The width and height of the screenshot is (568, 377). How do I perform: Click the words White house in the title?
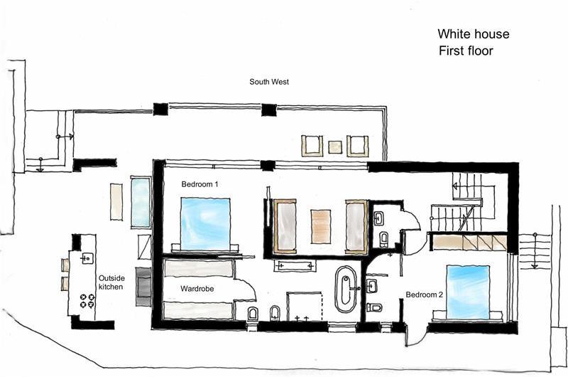click(x=473, y=34)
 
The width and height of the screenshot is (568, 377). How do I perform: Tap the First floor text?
click(x=465, y=51)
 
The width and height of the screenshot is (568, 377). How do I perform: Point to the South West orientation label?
click(x=268, y=82)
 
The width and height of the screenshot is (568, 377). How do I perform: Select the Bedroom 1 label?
click(x=200, y=184)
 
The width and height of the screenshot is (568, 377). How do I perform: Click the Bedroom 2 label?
click(x=424, y=294)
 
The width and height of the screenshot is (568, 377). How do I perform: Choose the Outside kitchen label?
click(x=111, y=282)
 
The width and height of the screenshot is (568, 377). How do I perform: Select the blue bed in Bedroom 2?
click(x=467, y=291)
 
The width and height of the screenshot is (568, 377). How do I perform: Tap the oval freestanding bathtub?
click(x=346, y=289)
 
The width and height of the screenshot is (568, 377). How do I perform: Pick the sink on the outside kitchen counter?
click(x=87, y=258)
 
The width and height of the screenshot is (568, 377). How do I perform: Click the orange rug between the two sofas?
click(x=321, y=226)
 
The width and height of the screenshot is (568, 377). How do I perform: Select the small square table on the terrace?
click(x=334, y=147)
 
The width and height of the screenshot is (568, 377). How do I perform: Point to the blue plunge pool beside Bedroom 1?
click(x=141, y=201)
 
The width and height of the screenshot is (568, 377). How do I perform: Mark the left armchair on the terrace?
click(x=312, y=145)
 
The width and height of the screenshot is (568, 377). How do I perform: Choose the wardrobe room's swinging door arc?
click(x=246, y=287)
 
